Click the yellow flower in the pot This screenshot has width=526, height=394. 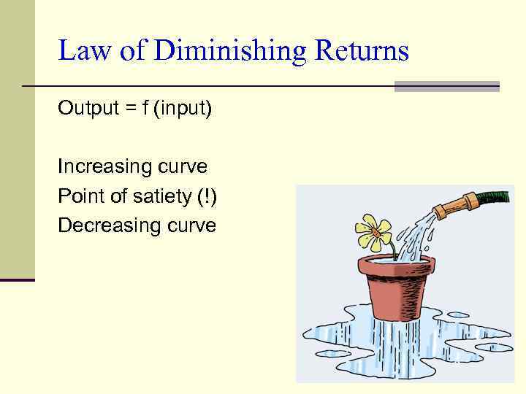coord(375,231)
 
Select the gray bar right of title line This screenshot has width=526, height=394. coord(446,86)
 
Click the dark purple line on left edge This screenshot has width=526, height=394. coord(17,279)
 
